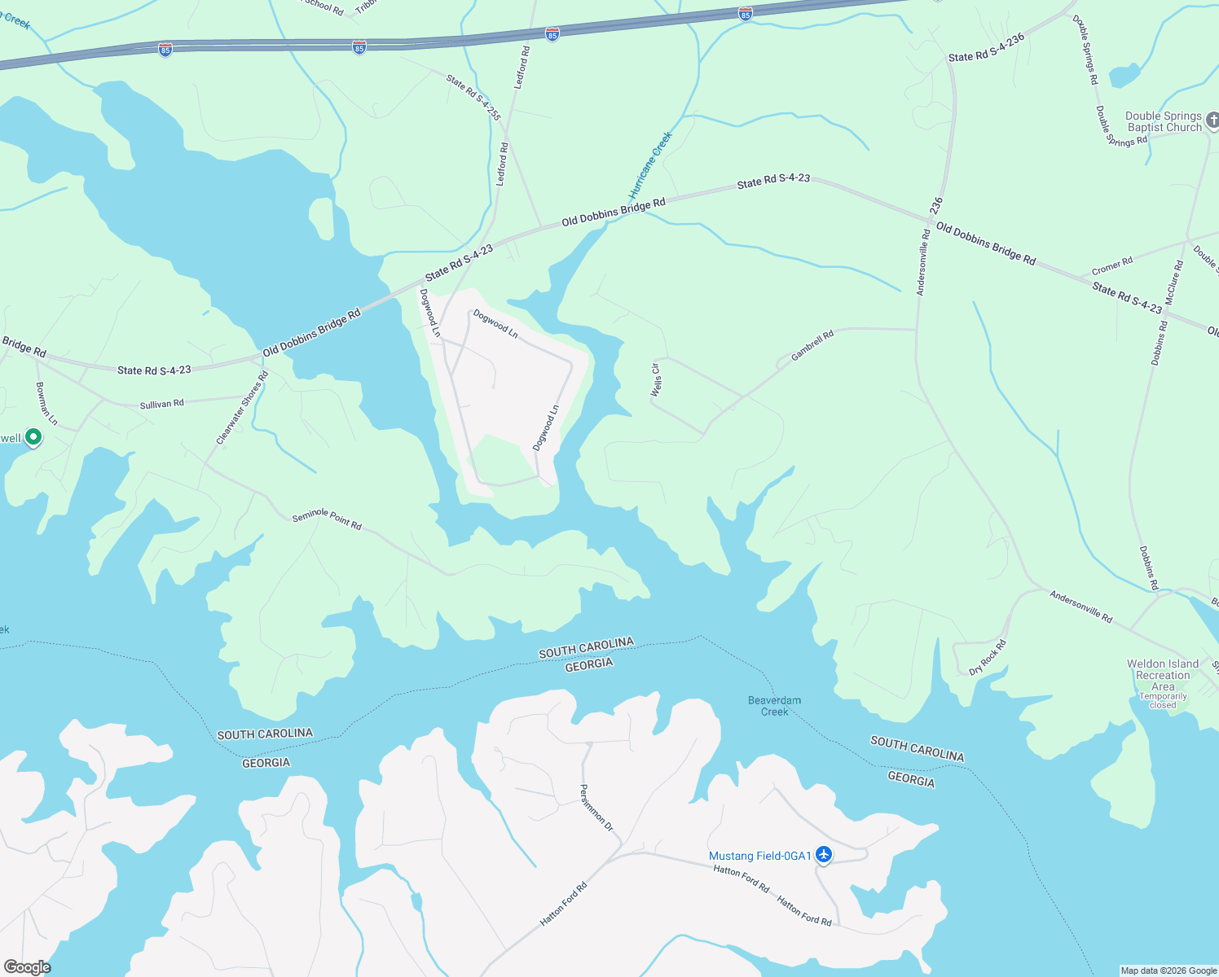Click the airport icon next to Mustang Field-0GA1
(824, 855)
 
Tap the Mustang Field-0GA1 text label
(759, 856)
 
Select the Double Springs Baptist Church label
(1164, 122)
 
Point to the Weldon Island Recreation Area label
(1163, 675)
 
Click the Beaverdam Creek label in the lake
(774, 706)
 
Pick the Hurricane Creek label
(650, 165)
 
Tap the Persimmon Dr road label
(596, 807)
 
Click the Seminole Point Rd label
(327, 519)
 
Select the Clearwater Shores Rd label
(242, 408)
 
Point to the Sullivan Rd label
(161, 404)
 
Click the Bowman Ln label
(46, 403)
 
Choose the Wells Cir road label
(655, 380)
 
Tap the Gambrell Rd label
(812, 345)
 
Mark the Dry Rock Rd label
(988, 657)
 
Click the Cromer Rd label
(1112, 266)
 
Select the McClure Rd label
(1173, 283)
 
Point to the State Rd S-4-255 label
(473, 97)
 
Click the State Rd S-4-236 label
(986, 48)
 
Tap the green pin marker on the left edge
(33, 438)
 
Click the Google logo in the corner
(27, 966)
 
